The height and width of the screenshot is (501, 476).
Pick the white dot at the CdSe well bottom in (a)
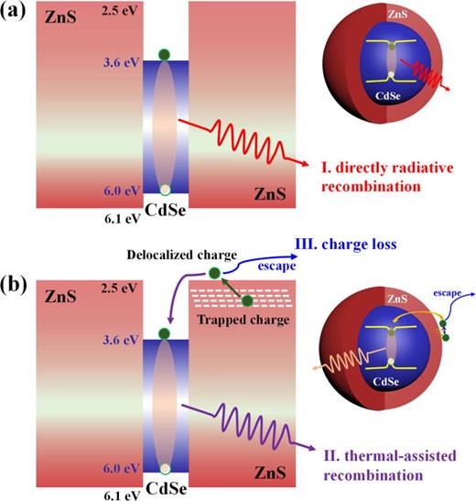pos(164,191)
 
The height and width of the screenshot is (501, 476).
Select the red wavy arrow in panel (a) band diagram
pos(240,142)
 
